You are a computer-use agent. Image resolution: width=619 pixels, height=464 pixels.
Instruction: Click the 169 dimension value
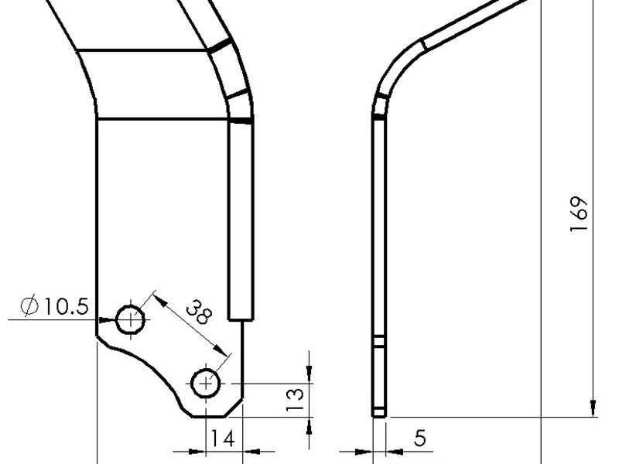(x=579, y=213)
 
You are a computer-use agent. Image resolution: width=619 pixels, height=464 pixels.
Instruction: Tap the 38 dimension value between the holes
(x=199, y=312)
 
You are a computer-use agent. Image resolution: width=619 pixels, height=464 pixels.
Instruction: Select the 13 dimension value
(x=295, y=399)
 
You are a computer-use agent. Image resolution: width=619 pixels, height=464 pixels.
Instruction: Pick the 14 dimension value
(x=223, y=438)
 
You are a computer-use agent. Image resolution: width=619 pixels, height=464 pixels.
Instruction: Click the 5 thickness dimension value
(x=419, y=438)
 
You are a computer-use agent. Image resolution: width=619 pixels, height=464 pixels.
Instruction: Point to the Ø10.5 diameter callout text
(x=55, y=305)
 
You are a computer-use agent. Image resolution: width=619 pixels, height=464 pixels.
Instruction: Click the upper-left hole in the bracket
(x=130, y=319)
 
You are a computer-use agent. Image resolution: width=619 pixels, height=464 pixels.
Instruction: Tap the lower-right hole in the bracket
(x=206, y=383)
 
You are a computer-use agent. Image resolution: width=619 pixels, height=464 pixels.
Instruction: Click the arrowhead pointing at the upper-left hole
(x=108, y=320)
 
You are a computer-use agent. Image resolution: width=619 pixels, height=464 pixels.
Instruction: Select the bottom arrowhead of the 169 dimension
(x=593, y=408)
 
